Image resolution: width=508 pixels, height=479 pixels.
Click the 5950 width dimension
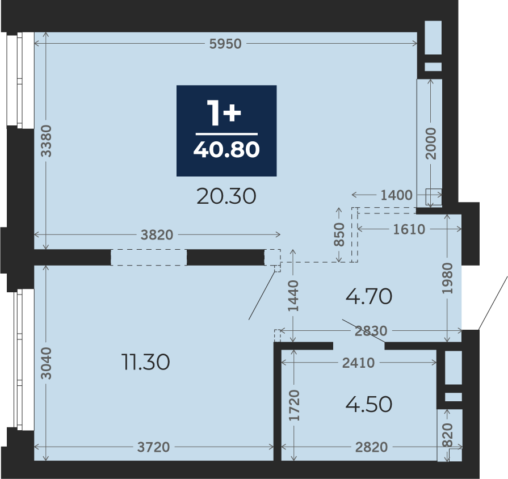(x=225, y=44)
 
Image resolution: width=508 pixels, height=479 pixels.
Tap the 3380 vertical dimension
(x=46, y=141)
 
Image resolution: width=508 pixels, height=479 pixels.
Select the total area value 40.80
(x=226, y=150)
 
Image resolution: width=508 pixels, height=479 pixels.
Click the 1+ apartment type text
(x=224, y=112)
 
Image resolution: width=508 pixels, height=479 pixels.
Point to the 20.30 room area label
(x=226, y=196)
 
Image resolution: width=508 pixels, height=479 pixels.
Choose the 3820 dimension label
(x=157, y=235)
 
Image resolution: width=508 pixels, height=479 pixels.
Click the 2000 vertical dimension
(x=431, y=144)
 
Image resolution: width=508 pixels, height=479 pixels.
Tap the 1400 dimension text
(x=396, y=195)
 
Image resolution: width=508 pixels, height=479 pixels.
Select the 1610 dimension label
(x=409, y=229)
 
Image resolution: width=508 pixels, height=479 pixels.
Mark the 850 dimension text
(x=339, y=234)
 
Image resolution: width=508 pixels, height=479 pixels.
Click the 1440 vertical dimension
(x=293, y=296)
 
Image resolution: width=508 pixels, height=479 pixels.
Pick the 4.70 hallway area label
(x=369, y=296)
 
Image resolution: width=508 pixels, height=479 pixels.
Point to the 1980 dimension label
(x=447, y=279)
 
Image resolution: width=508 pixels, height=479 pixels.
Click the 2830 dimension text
(x=371, y=331)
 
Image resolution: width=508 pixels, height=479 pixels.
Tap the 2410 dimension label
(x=358, y=363)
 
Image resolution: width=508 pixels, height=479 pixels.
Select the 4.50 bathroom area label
(x=369, y=405)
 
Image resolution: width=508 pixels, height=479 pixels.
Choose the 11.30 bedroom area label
(x=145, y=362)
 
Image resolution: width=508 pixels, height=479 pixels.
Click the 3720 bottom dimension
(x=154, y=447)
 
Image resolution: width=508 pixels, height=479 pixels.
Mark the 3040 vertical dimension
(x=46, y=363)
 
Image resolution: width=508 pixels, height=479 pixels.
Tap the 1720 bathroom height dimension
(x=295, y=405)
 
